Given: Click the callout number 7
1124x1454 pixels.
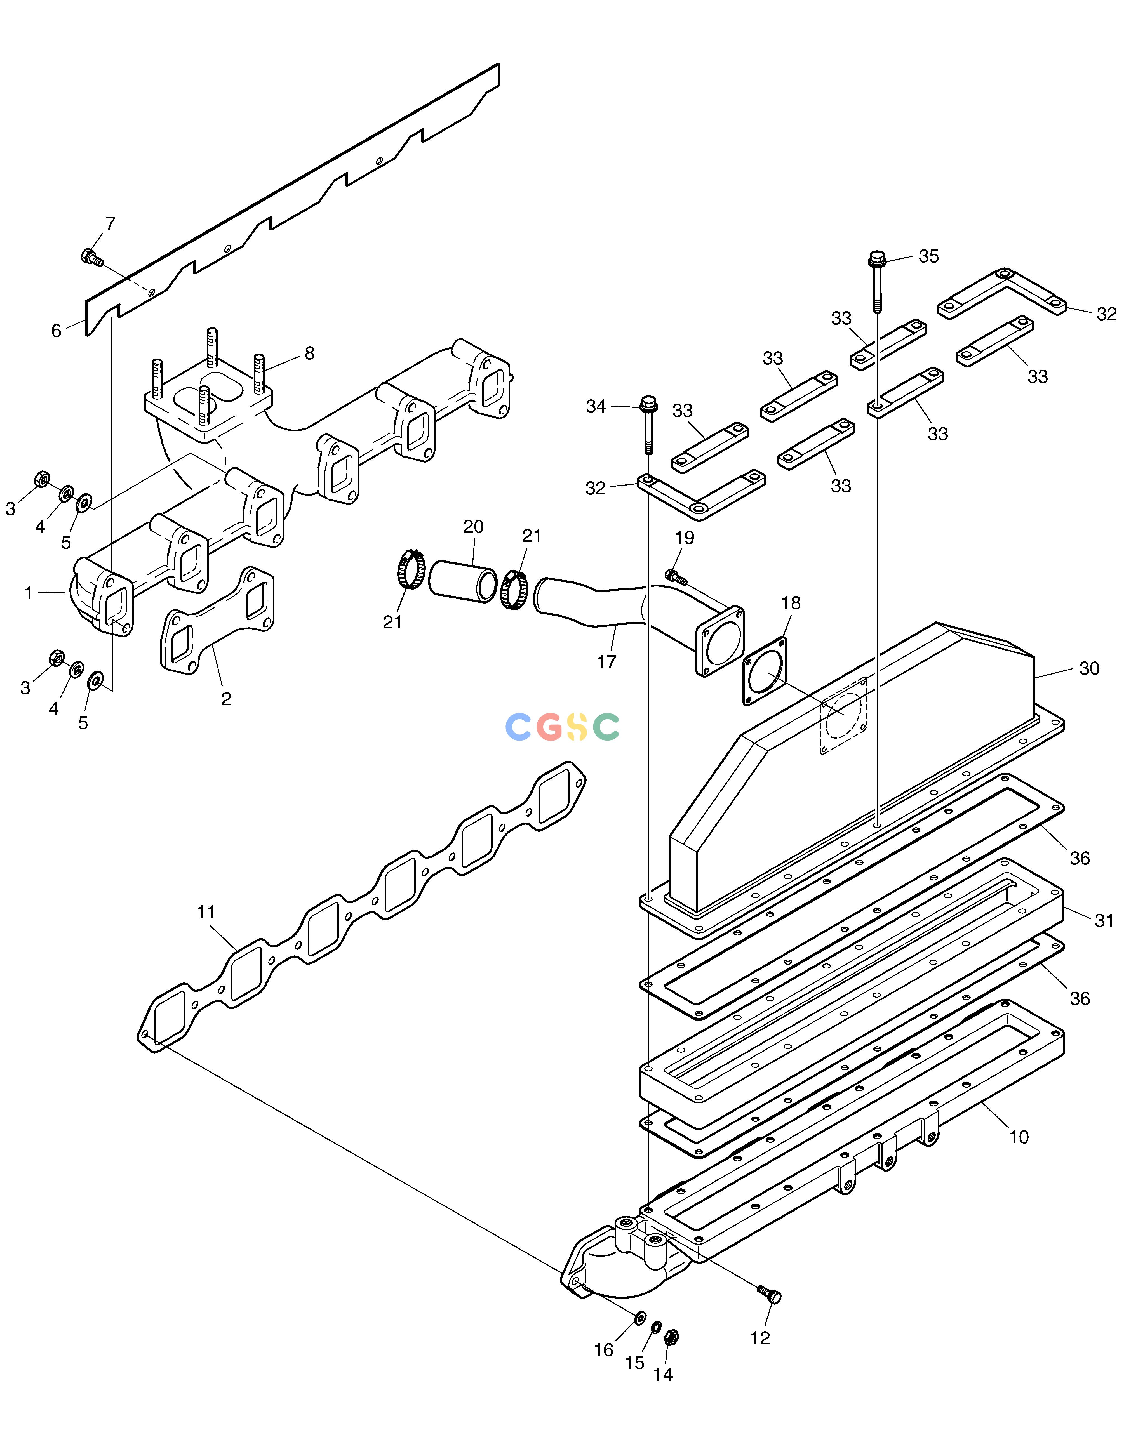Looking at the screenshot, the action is click(110, 224).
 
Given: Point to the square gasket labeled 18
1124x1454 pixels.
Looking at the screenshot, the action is click(765, 671).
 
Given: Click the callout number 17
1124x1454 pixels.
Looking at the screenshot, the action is click(606, 662).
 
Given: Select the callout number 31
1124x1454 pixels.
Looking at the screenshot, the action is click(1104, 921).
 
